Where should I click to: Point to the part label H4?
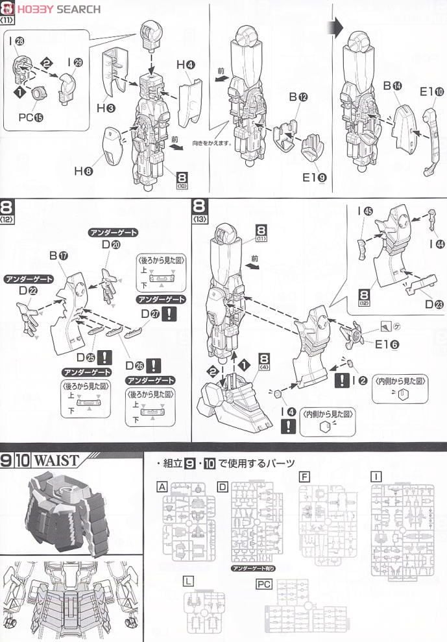pyautogui.click(x=186, y=64)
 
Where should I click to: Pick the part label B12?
pyautogui.click(x=298, y=97)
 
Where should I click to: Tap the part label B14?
pyautogui.click(x=393, y=85)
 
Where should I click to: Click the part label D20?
pyautogui.click(x=112, y=245)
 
